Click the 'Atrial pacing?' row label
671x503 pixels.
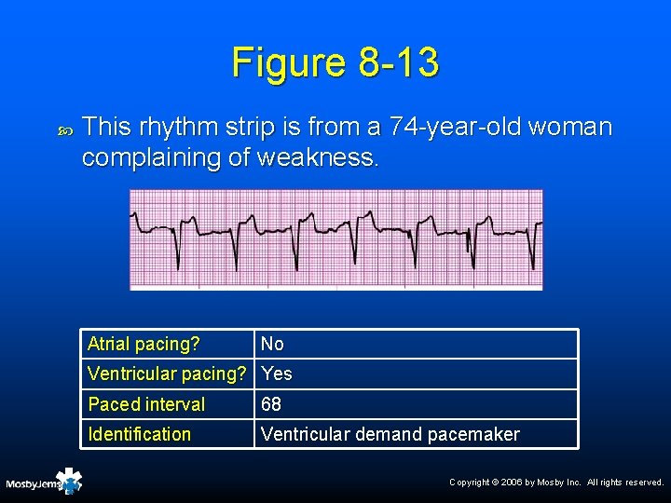[144, 345]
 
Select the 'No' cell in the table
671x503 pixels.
[272, 345]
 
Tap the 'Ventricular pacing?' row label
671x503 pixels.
[165, 374]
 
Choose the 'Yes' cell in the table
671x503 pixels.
[277, 374]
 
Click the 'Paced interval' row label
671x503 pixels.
[146, 404]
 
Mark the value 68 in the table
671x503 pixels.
[272, 404]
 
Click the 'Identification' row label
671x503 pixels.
[139, 434]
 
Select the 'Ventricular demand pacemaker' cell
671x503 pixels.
[390, 434]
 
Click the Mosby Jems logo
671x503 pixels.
[45, 483]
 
